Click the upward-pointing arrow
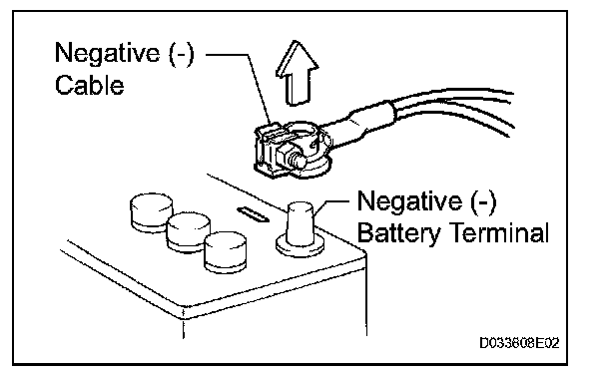(297, 74)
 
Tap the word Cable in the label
(90, 85)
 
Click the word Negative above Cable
(107, 53)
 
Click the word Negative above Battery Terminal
(409, 200)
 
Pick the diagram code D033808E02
(519, 343)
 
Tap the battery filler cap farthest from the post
(151, 211)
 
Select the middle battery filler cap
(189, 231)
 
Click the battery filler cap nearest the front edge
(226, 251)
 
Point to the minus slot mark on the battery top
(254, 214)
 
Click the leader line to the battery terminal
(332, 203)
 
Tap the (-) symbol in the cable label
(181, 54)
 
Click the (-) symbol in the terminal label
(483, 201)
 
